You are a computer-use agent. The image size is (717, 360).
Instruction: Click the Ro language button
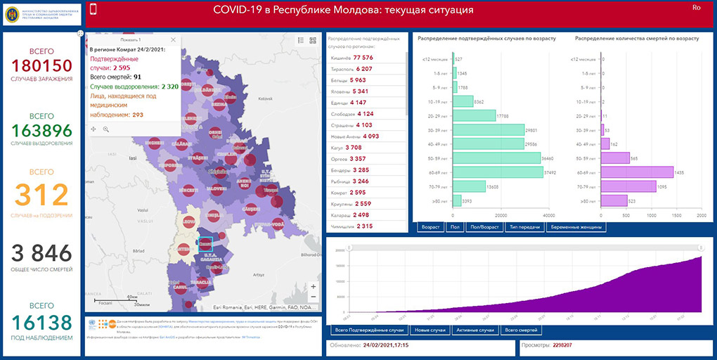point(696,7)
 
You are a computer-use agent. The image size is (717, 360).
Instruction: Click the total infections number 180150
point(41,65)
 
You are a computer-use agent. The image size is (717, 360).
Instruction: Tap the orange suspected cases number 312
point(41,195)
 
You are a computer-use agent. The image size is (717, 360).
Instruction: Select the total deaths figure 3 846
point(41,254)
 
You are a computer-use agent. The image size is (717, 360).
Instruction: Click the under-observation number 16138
point(41,323)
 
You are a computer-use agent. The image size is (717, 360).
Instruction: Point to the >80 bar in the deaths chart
point(614,201)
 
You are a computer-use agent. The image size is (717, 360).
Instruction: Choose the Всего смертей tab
point(521,330)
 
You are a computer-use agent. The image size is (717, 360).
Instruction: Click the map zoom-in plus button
point(313,287)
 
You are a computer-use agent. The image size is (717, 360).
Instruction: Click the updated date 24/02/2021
point(387,346)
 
